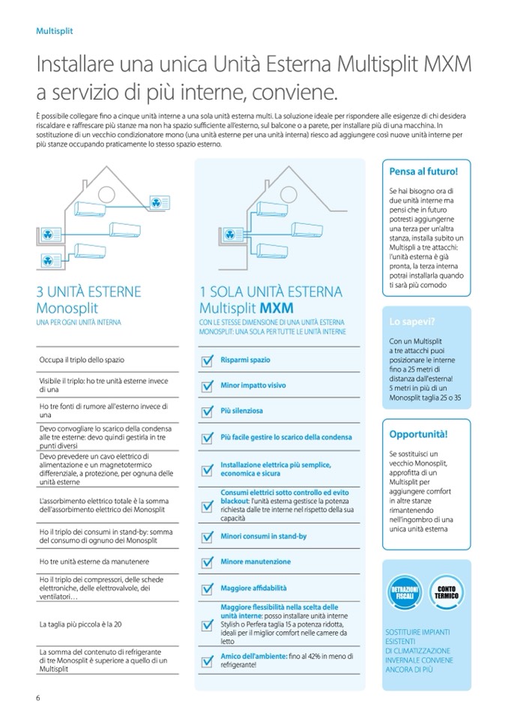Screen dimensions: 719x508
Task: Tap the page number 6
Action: pyautogui.click(x=37, y=699)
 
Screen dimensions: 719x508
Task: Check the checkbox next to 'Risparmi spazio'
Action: pyautogui.click(x=208, y=361)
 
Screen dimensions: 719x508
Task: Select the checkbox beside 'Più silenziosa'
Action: pyautogui.click(x=208, y=412)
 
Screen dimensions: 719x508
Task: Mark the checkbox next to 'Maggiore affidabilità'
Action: pyautogui.click(x=208, y=589)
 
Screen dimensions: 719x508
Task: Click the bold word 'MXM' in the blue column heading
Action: pyautogui.click(x=278, y=308)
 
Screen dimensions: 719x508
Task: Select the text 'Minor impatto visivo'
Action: pyautogui.click(x=253, y=385)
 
